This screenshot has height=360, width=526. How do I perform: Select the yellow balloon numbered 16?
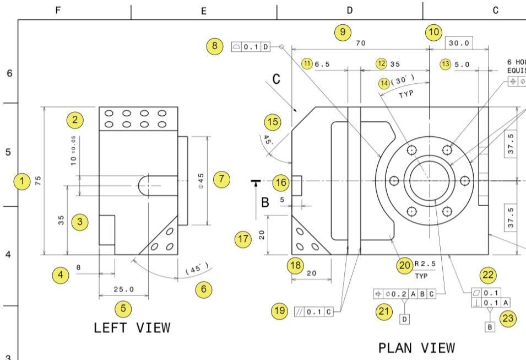click(281, 182)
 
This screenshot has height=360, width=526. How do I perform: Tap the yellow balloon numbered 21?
click(383, 311)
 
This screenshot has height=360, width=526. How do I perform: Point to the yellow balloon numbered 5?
click(123, 309)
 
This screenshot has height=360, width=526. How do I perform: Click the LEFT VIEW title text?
click(132, 328)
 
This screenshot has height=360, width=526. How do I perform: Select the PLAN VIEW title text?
click(417, 348)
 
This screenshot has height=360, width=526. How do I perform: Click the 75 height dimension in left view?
click(38, 181)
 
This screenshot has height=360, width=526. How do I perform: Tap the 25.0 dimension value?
click(123, 289)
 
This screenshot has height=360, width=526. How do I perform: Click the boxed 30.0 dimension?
click(459, 44)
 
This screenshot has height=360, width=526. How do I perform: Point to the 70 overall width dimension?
click(360, 43)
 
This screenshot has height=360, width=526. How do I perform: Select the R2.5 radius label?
click(425, 266)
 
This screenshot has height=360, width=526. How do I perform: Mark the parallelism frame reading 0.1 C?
click(314, 311)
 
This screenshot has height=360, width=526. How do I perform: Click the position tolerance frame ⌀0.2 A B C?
click(405, 294)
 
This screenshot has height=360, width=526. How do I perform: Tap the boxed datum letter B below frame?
click(490, 326)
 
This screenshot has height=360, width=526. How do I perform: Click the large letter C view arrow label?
click(276, 79)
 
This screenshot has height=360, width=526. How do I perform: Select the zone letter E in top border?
click(204, 10)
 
